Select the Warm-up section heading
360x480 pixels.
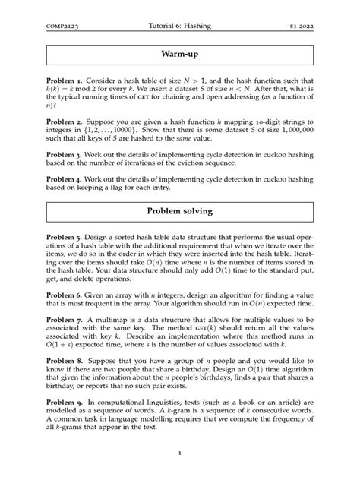[179, 55]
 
